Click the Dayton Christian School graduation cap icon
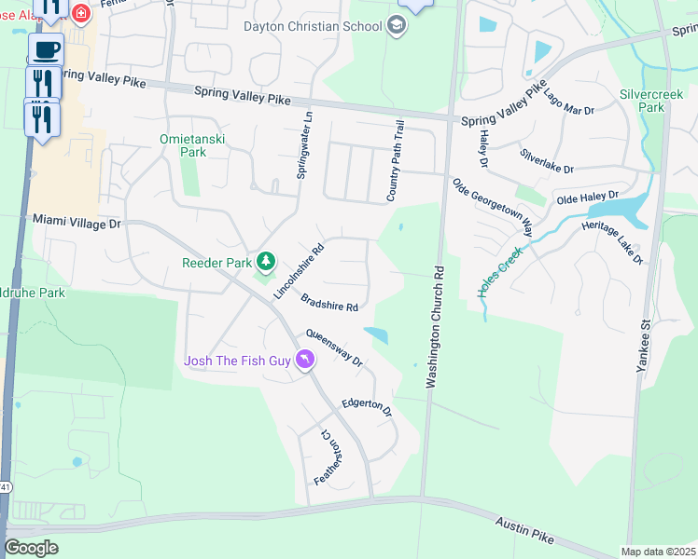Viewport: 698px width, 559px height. [397, 26]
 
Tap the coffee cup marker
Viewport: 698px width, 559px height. [45, 48]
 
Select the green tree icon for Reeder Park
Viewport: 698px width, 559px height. [266, 263]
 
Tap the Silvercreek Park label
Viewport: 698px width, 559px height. [642, 101]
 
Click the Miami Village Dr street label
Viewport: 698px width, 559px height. [77, 223]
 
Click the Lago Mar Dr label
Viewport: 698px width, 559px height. [568, 103]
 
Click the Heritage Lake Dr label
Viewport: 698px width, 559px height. [612, 241]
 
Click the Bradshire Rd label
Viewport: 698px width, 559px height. [329, 302]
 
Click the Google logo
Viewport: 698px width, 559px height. [31, 548]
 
